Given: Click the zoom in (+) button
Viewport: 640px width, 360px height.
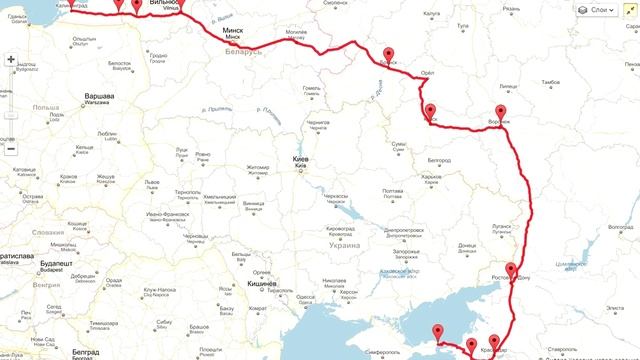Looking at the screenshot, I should [x=10, y=59].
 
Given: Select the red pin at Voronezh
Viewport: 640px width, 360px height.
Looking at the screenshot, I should [x=502, y=112].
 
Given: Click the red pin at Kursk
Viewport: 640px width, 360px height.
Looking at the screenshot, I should [x=430, y=111].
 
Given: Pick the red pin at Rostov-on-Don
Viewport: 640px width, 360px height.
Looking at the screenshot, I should [x=511, y=270].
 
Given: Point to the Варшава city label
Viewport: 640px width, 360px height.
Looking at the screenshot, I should [x=98, y=96].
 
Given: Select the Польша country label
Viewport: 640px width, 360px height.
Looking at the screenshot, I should [x=44, y=105].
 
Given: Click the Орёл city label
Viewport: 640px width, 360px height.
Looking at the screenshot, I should [x=427, y=73].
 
